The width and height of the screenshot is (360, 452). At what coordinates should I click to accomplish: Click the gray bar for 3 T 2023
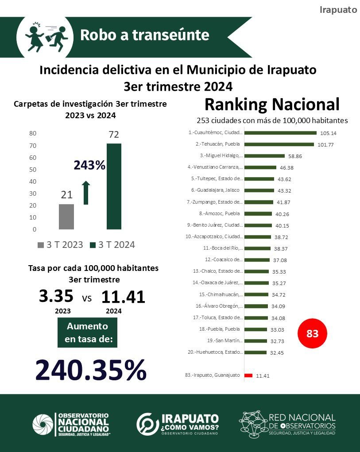click(66, 216)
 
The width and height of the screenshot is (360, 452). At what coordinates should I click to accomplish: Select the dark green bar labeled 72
click(114, 186)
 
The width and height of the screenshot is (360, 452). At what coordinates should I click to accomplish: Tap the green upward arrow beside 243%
click(86, 193)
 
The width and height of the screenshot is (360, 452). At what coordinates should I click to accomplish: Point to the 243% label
click(89, 166)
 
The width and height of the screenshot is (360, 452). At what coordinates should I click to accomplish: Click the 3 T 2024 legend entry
click(112, 245)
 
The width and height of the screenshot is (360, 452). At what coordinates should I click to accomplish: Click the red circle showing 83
click(313, 334)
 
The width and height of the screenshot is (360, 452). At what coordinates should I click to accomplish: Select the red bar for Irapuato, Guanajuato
click(248, 375)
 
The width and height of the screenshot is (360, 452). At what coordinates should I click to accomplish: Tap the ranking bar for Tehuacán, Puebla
click(279, 144)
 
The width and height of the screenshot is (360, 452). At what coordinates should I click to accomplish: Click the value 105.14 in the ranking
click(328, 133)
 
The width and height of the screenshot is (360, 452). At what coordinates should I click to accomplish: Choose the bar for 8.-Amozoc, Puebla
click(258, 213)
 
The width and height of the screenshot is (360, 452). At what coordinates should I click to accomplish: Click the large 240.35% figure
click(91, 370)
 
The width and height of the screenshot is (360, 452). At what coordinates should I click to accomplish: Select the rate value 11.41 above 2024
click(123, 297)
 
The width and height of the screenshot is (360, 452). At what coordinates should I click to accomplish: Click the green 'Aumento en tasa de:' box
click(87, 333)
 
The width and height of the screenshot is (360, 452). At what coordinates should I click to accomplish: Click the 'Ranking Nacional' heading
click(272, 104)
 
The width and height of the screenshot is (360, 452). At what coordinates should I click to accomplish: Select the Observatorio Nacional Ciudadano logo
click(71, 424)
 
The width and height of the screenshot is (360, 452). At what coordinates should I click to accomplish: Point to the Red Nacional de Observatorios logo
click(288, 423)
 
